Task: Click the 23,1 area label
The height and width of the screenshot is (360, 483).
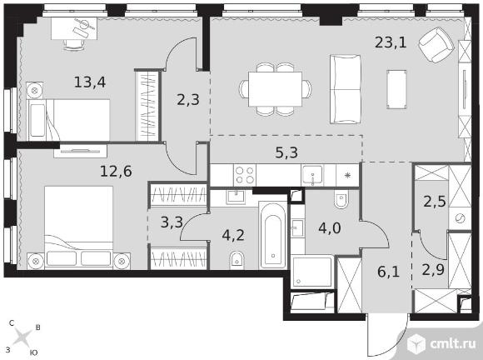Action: pos(391,42)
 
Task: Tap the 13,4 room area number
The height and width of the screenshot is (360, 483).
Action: pos(90,82)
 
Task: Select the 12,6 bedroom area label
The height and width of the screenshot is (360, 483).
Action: pos(116,171)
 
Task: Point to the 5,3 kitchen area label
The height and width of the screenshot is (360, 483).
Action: pos(286,152)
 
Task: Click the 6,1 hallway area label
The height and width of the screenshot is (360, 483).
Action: pos(388,272)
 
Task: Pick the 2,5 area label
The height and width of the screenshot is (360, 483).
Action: pos(435,202)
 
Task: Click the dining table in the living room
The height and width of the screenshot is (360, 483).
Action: pos(275,89)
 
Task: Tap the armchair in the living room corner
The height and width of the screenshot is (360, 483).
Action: pos(436,45)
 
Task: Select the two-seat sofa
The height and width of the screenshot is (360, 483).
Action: pos(346,89)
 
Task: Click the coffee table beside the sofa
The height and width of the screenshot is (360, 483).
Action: pos(396,89)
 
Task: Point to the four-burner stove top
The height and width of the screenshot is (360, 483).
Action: pos(245,175)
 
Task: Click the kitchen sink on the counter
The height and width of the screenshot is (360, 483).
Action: pos(312,175)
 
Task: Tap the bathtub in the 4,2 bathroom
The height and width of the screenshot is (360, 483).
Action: pos(272,235)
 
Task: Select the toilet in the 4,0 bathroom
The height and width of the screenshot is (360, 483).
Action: pos(341,199)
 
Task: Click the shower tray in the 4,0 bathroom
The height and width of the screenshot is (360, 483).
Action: pos(312,271)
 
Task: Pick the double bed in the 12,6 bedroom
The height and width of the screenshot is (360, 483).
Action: pos(78,227)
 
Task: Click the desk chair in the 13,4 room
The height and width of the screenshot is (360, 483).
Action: pos(74,45)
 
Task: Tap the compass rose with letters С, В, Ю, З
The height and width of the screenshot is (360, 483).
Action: pos(23,337)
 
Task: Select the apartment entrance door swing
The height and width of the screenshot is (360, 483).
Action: pos(387,335)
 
